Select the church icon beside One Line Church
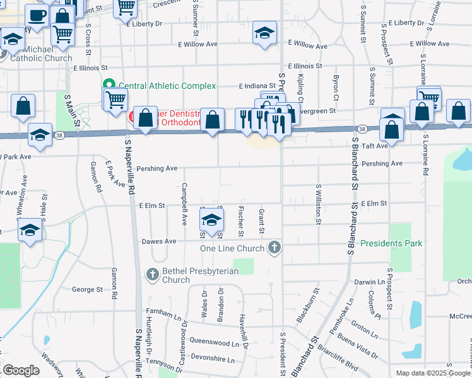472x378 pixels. (274, 247)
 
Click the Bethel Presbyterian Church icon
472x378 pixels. (152, 274)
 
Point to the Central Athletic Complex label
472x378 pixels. (167, 86)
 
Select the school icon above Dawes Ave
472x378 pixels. (211, 220)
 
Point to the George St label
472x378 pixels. (87, 289)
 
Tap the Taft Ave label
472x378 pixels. (374, 145)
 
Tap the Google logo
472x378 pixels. (21, 370)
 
